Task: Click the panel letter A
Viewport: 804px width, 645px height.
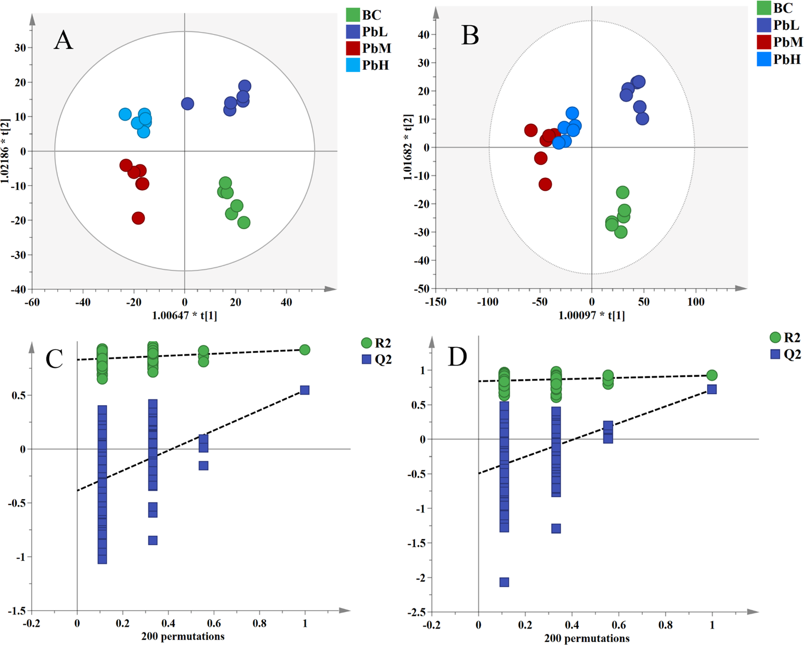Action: point(64,41)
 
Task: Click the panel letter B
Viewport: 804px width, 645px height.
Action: point(470,36)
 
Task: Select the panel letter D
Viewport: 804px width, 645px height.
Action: point(457,357)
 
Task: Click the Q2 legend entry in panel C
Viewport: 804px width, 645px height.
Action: point(376,360)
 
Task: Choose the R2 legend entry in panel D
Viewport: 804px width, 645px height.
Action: point(785,337)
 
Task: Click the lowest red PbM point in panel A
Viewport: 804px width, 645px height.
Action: point(138,218)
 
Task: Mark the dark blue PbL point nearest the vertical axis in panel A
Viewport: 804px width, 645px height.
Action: point(188,104)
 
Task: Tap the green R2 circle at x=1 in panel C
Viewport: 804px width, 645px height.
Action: point(304,350)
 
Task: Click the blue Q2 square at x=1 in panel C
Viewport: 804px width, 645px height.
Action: point(304,390)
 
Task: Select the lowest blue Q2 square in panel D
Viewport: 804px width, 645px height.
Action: point(504,582)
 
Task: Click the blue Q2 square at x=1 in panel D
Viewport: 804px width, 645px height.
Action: point(712,389)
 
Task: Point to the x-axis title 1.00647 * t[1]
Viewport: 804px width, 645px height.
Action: point(185,316)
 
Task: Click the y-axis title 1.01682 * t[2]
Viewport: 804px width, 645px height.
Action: point(408,148)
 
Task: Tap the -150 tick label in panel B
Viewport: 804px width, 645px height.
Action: point(435,302)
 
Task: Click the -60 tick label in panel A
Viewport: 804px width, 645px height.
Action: point(32,302)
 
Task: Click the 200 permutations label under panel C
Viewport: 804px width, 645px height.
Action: point(183,636)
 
